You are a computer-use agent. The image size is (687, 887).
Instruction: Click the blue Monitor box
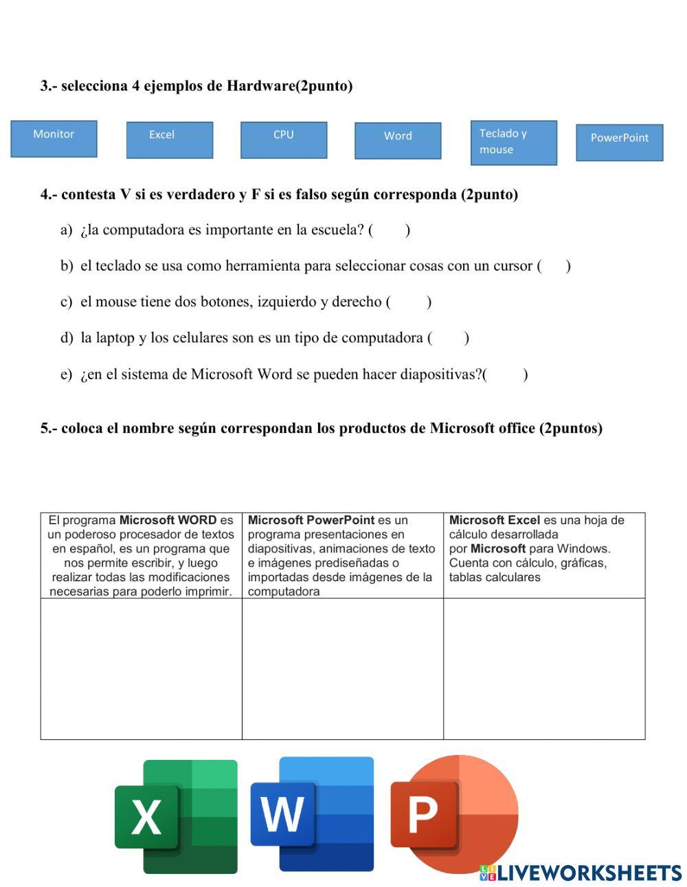(x=54, y=139)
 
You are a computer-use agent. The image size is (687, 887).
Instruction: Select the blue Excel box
(x=170, y=140)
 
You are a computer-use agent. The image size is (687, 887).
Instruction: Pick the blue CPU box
(x=284, y=140)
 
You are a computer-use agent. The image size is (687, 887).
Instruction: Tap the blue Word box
(x=398, y=141)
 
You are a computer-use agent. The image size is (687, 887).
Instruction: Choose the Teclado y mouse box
(x=513, y=143)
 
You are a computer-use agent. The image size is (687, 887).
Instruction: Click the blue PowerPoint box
(x=619, y=142)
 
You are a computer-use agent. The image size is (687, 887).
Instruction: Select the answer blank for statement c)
(x=410, y=302)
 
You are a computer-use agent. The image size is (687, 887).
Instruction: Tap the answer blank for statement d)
(x=449, y=338)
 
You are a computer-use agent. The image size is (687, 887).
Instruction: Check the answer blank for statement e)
(x=506, y=374)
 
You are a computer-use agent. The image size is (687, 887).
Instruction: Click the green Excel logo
(x=176, y=816)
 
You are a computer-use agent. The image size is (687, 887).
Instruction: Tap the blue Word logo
(x=313, y=814)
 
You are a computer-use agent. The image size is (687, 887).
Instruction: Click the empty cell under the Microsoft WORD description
(x=142, y=669)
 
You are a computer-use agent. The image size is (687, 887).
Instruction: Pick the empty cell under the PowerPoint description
(x=343, y=669)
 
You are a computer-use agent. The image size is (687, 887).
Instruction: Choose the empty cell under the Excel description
(x=544, y=669)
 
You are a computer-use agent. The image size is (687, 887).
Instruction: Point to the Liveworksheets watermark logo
(x=581, y=873)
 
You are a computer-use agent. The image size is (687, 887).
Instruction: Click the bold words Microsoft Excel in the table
(x=495, y=520)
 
